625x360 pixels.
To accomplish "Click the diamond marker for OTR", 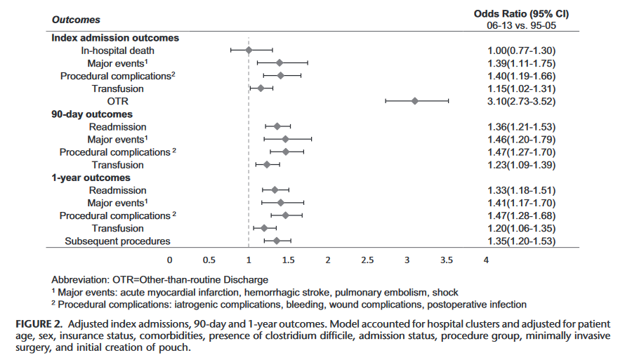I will pos(415,101).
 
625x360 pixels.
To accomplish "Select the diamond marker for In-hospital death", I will pos(249,51).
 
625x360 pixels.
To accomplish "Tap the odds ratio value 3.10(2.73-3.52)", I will pos(521,101).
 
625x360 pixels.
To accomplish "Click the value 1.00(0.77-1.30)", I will pos(521,51).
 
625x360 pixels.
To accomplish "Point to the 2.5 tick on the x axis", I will pos(367,260).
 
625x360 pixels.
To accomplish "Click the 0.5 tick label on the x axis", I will pos(209,260).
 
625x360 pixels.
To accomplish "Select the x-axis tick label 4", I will pos(486,260).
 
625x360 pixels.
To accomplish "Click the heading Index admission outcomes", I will pos(115,38).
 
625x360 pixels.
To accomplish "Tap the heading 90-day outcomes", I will pos(92,114).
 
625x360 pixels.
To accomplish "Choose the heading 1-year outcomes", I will pos(90,178).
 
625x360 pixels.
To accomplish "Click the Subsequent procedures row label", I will pos(117,241).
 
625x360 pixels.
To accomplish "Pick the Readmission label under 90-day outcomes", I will pos(117,127).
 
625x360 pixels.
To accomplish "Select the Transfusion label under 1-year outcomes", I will pos(117,229).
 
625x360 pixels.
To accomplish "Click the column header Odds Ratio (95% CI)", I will pos(521,13).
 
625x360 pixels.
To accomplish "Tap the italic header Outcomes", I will pos(76,20).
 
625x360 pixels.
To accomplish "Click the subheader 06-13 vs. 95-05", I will pos(521,25).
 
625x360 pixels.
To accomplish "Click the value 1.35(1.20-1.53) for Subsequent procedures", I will pos(521,241).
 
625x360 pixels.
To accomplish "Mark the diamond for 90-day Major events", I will pos(285,140).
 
